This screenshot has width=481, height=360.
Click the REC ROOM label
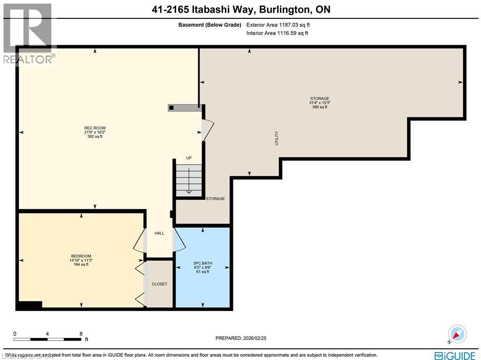click(x=95, y=128)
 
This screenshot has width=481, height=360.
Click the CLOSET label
click(x=159, y=284)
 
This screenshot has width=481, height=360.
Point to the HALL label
click(x=159, y=233)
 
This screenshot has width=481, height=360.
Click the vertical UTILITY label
click(x=277, y=138)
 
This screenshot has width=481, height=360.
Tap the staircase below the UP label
click(x=189, y=180)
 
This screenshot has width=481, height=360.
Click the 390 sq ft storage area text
click(x=319, y=107)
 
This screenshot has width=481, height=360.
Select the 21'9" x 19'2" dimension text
click(x=95, y=133)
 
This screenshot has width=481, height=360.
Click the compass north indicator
click(x=457, y=334)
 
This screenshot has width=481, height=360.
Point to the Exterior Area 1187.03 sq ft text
click(x=279, y=24)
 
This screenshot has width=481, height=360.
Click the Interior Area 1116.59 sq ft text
click(x=277, y=33)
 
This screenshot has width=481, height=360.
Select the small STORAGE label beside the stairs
click(x=215, y=199)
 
